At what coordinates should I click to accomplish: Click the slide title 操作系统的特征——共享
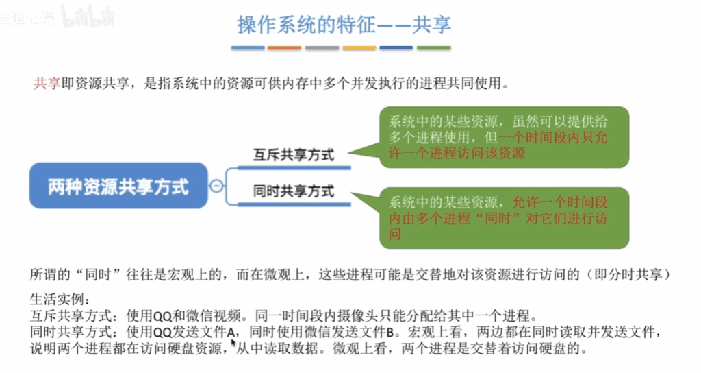(344, 24)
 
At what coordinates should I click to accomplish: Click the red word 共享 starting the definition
(47, 83)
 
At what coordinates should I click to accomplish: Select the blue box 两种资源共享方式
(118, 186)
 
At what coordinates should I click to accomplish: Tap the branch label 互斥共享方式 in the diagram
(293, 155)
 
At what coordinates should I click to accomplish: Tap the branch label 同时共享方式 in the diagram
(293, 191)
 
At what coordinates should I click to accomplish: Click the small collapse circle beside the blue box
(216, 185)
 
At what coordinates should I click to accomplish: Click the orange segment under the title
(284, 47)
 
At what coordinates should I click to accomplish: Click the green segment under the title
(433, 47)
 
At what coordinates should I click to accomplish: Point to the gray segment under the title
(322, 47)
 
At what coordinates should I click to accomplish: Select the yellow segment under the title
(359, 47)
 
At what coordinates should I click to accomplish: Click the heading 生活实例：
(60, 299)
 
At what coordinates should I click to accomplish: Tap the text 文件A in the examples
(221, 333)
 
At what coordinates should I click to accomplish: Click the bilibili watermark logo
(88, 18)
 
